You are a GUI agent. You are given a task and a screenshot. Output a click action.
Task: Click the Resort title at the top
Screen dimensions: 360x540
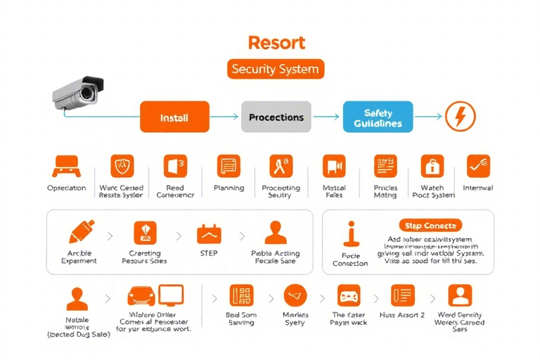276,42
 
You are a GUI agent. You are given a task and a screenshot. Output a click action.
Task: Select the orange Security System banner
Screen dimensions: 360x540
276,69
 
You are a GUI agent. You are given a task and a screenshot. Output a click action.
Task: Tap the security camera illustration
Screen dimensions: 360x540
79,92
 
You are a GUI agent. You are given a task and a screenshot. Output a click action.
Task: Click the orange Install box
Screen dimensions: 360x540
174,117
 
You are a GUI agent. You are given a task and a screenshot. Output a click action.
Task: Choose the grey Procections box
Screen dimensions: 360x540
276,117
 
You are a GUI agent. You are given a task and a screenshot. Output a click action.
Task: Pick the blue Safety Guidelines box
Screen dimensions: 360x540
378,117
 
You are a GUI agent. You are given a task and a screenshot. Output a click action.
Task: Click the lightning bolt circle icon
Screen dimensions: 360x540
461,116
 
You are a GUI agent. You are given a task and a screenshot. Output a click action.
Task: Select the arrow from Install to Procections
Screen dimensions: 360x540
225,117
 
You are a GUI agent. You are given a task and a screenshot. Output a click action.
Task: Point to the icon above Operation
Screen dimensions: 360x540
66,166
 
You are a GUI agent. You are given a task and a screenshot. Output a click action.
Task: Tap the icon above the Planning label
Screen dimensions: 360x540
229,166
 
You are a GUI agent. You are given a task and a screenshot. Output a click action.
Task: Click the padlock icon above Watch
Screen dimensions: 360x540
432,166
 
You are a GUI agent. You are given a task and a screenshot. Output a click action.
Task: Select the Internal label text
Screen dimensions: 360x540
477,188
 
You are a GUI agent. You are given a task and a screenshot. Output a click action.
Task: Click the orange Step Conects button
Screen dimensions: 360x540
430,226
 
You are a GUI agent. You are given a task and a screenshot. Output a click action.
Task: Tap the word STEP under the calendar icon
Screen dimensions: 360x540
210,253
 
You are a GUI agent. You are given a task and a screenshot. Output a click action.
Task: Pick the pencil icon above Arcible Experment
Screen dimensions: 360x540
81,232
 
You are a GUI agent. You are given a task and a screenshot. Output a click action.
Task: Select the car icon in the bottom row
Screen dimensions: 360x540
141,295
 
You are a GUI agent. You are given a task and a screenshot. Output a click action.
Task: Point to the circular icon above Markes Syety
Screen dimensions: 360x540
295,295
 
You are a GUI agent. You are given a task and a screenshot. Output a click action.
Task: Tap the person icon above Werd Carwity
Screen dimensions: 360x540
461,295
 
